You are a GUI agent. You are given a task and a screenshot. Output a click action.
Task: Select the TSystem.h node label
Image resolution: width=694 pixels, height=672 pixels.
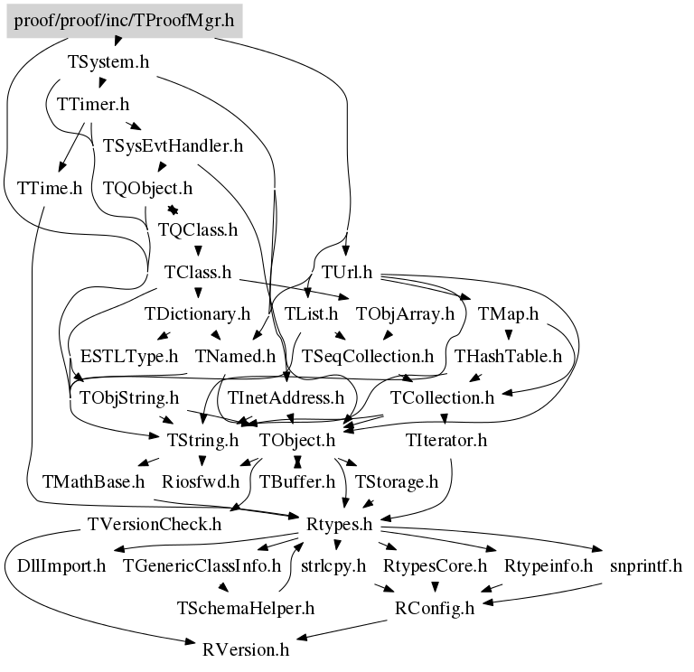pyautogui.click(x=108, y=62)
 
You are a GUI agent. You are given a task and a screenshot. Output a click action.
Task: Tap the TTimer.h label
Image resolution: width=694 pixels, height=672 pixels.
pyautogui.click(x=93, y=104)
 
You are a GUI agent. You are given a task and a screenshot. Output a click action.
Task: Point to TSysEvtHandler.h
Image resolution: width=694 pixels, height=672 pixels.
pyautogui.click(x=173, y=146)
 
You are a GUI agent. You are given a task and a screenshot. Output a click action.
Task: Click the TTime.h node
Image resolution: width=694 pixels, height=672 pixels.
pyautogui.click(x=50, y=189)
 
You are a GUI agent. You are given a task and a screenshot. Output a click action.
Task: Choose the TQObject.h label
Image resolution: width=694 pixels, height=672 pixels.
pyautogui.click(x=147, y=189)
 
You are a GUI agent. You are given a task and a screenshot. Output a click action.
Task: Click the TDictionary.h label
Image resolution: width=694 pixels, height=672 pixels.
pyautogui.click(x=197, y=314)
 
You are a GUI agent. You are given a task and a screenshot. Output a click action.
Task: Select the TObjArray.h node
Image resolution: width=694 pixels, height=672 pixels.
pyautogui.click(x=405, y=314)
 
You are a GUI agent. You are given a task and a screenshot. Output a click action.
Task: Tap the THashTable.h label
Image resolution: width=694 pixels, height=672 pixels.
pyautogui.click(x=508, y=356)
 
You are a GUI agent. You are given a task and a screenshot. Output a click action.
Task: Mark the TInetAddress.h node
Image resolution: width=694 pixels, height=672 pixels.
pyautogui.click(x=286, y=397)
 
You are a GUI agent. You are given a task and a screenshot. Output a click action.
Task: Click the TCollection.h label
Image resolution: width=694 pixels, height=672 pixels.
pyautogui.click(x=443, y=397)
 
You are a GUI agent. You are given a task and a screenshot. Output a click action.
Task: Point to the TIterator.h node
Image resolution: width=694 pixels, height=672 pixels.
pyautogui.click(x=446, y=441)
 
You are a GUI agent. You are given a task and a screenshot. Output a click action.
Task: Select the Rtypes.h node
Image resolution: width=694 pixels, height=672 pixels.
pyautogui.click(x=341, y=524)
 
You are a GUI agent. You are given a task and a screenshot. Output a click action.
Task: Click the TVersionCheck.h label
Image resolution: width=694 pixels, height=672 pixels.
pyautogui.click(x=155, y=524)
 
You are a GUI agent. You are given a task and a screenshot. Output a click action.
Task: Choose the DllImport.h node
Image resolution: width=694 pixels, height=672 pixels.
pyautogui.click(x=61, y=566)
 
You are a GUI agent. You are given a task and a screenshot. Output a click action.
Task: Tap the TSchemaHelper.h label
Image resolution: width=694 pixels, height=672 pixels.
pyautogui.click(x=246, y=608)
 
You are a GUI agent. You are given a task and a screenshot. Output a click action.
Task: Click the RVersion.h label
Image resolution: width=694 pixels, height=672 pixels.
pyautogui.click(x=246, y=649)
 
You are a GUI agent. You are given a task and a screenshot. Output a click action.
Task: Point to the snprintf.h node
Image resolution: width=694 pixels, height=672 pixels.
pyautogui.click(x=646, y=566)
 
